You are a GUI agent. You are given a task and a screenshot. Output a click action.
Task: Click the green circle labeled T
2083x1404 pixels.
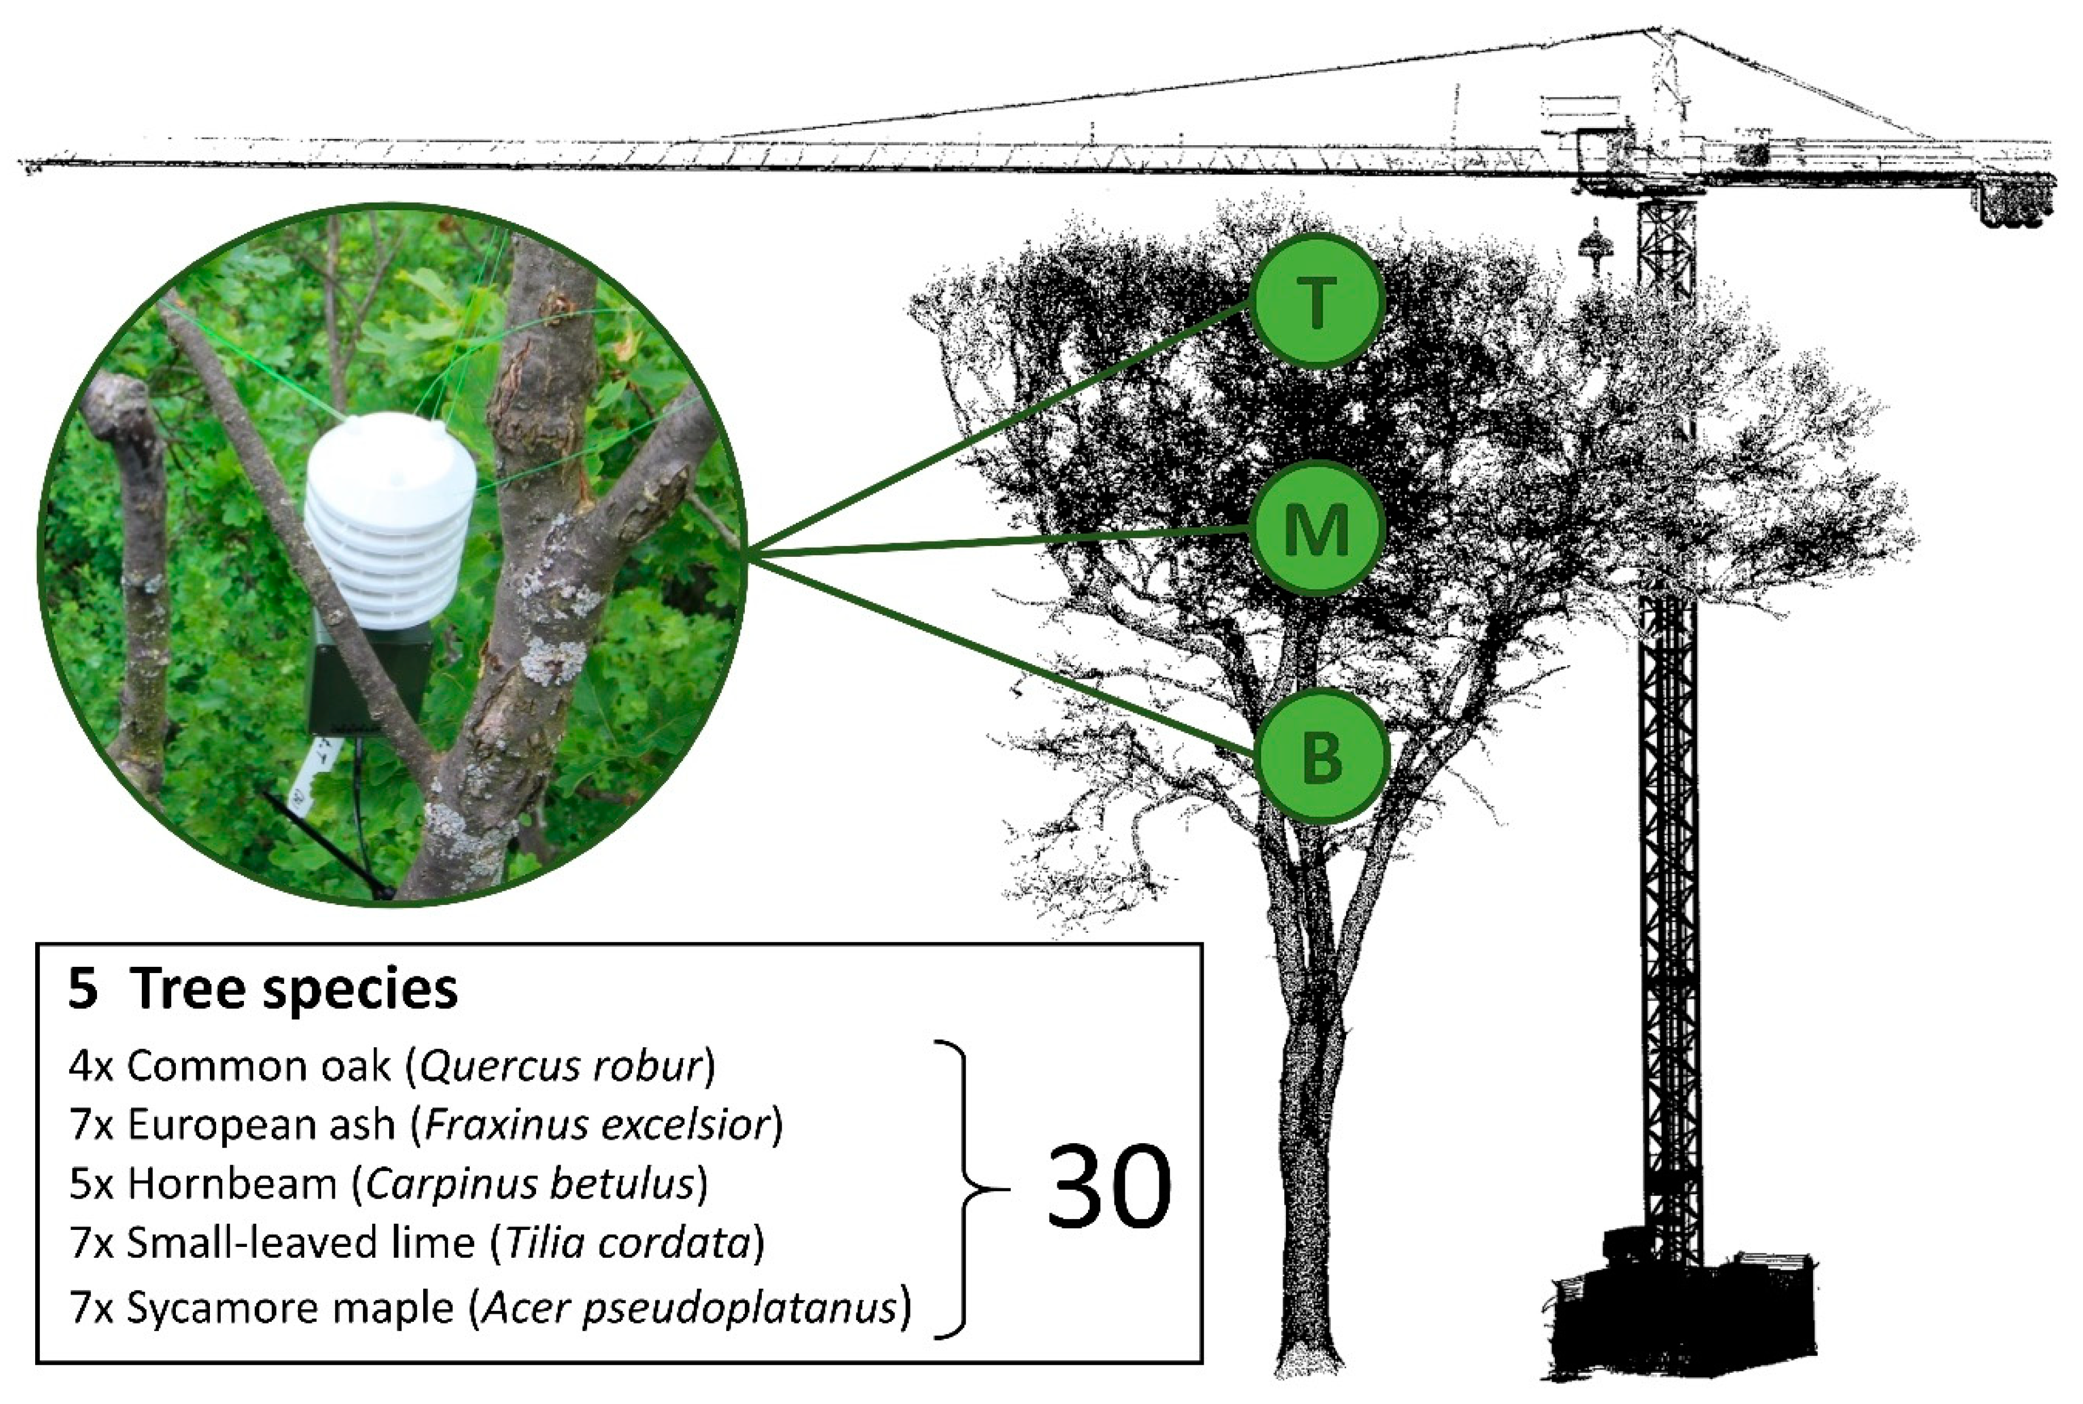[1317, 302]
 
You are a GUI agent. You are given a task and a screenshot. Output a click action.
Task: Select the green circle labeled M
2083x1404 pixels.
[1317, 529]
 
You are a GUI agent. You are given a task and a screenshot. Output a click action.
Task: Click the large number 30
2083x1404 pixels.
[1108, 1188]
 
